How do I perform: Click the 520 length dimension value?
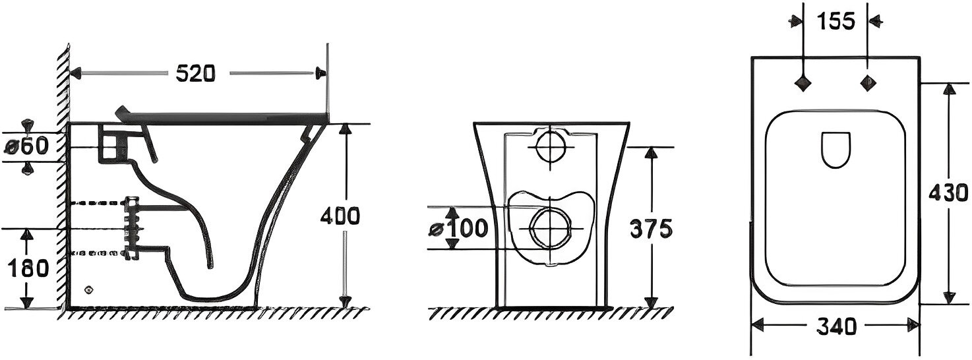[x=195, y=73]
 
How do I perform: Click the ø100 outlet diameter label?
[x=460, y=228]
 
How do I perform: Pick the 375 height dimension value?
[x=650, y=228]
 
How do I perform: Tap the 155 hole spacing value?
[x=835, y=21]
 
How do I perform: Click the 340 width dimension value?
[x=835, y=325]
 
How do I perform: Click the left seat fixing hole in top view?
[x=803, y=82]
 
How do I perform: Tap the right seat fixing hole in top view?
[x=867, y=82]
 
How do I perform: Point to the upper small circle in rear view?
[x=549, y=145]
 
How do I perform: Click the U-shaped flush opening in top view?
[x=836, y=151]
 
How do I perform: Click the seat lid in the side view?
[x=224, y=116]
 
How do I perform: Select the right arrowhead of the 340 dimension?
[x=914, y=324]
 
